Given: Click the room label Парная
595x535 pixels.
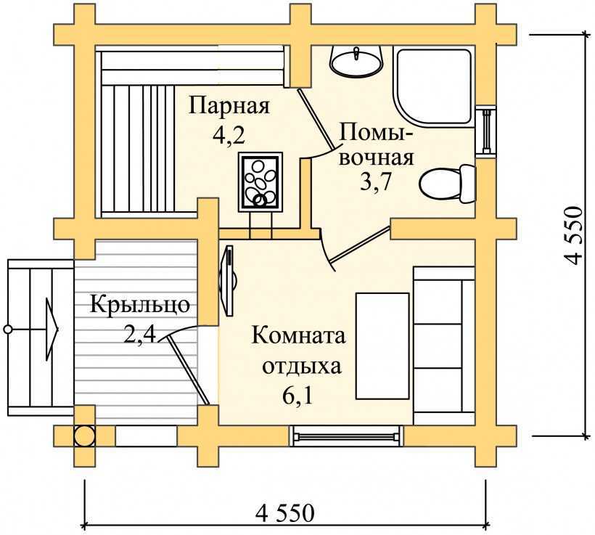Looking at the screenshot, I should click(229, 107).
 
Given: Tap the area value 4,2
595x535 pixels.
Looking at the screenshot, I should click(229, 137).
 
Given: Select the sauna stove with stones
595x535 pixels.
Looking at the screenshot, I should click(259, 182).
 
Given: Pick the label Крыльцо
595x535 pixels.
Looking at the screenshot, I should click(139, 304).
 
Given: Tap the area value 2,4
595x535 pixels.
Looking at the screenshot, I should click(139, 335).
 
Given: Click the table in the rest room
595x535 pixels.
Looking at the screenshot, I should click(382, 346).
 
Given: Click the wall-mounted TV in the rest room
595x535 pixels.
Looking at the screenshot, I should click(229, 280).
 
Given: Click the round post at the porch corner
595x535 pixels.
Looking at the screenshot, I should click(84, 436).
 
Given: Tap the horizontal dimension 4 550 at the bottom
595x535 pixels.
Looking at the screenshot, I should click(284, 513).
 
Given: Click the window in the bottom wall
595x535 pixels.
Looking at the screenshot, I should click(347, 436).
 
